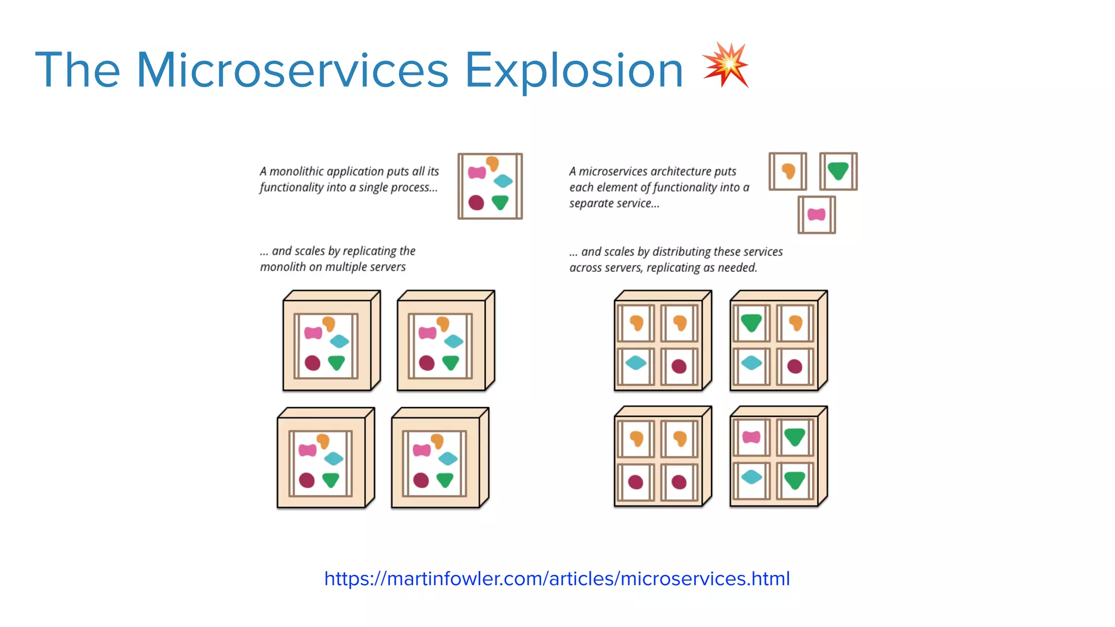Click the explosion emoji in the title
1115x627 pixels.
[x=726, y=65]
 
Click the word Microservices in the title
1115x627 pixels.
[x=292, y=70]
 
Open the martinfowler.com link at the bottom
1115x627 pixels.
[x=556, y=578]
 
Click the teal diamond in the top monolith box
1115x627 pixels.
[x=503, y=181]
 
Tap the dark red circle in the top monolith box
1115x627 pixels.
[x=476, y=202]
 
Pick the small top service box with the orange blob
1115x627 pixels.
[x=788, y=171]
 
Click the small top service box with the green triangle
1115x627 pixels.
[x=838, y=171]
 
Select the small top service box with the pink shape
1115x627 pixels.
[x=816, y=214]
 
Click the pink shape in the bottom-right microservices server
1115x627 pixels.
[x=751, y=437]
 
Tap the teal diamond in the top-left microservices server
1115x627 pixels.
[x=635, y=362]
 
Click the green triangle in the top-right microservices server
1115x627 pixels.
[x=751, y=323]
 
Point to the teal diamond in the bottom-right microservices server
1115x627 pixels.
[x=751, y=477]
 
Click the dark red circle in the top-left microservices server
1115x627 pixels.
[x=679, y=366]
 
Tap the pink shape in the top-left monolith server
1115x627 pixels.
[x=313, y=333]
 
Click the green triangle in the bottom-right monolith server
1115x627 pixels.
[x=445, y=480]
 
